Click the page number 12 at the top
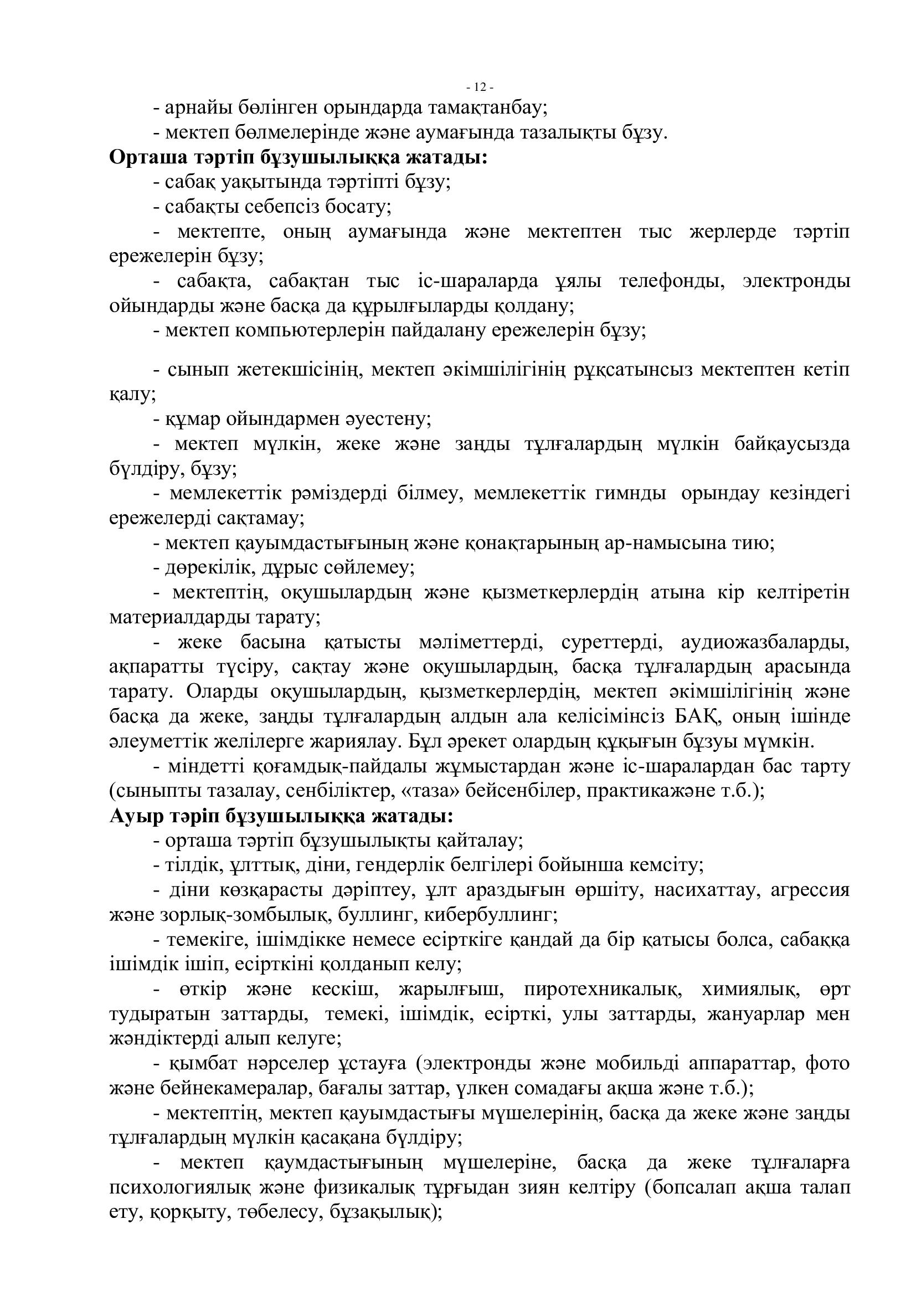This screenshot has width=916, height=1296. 480,87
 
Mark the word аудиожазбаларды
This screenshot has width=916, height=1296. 765,642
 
